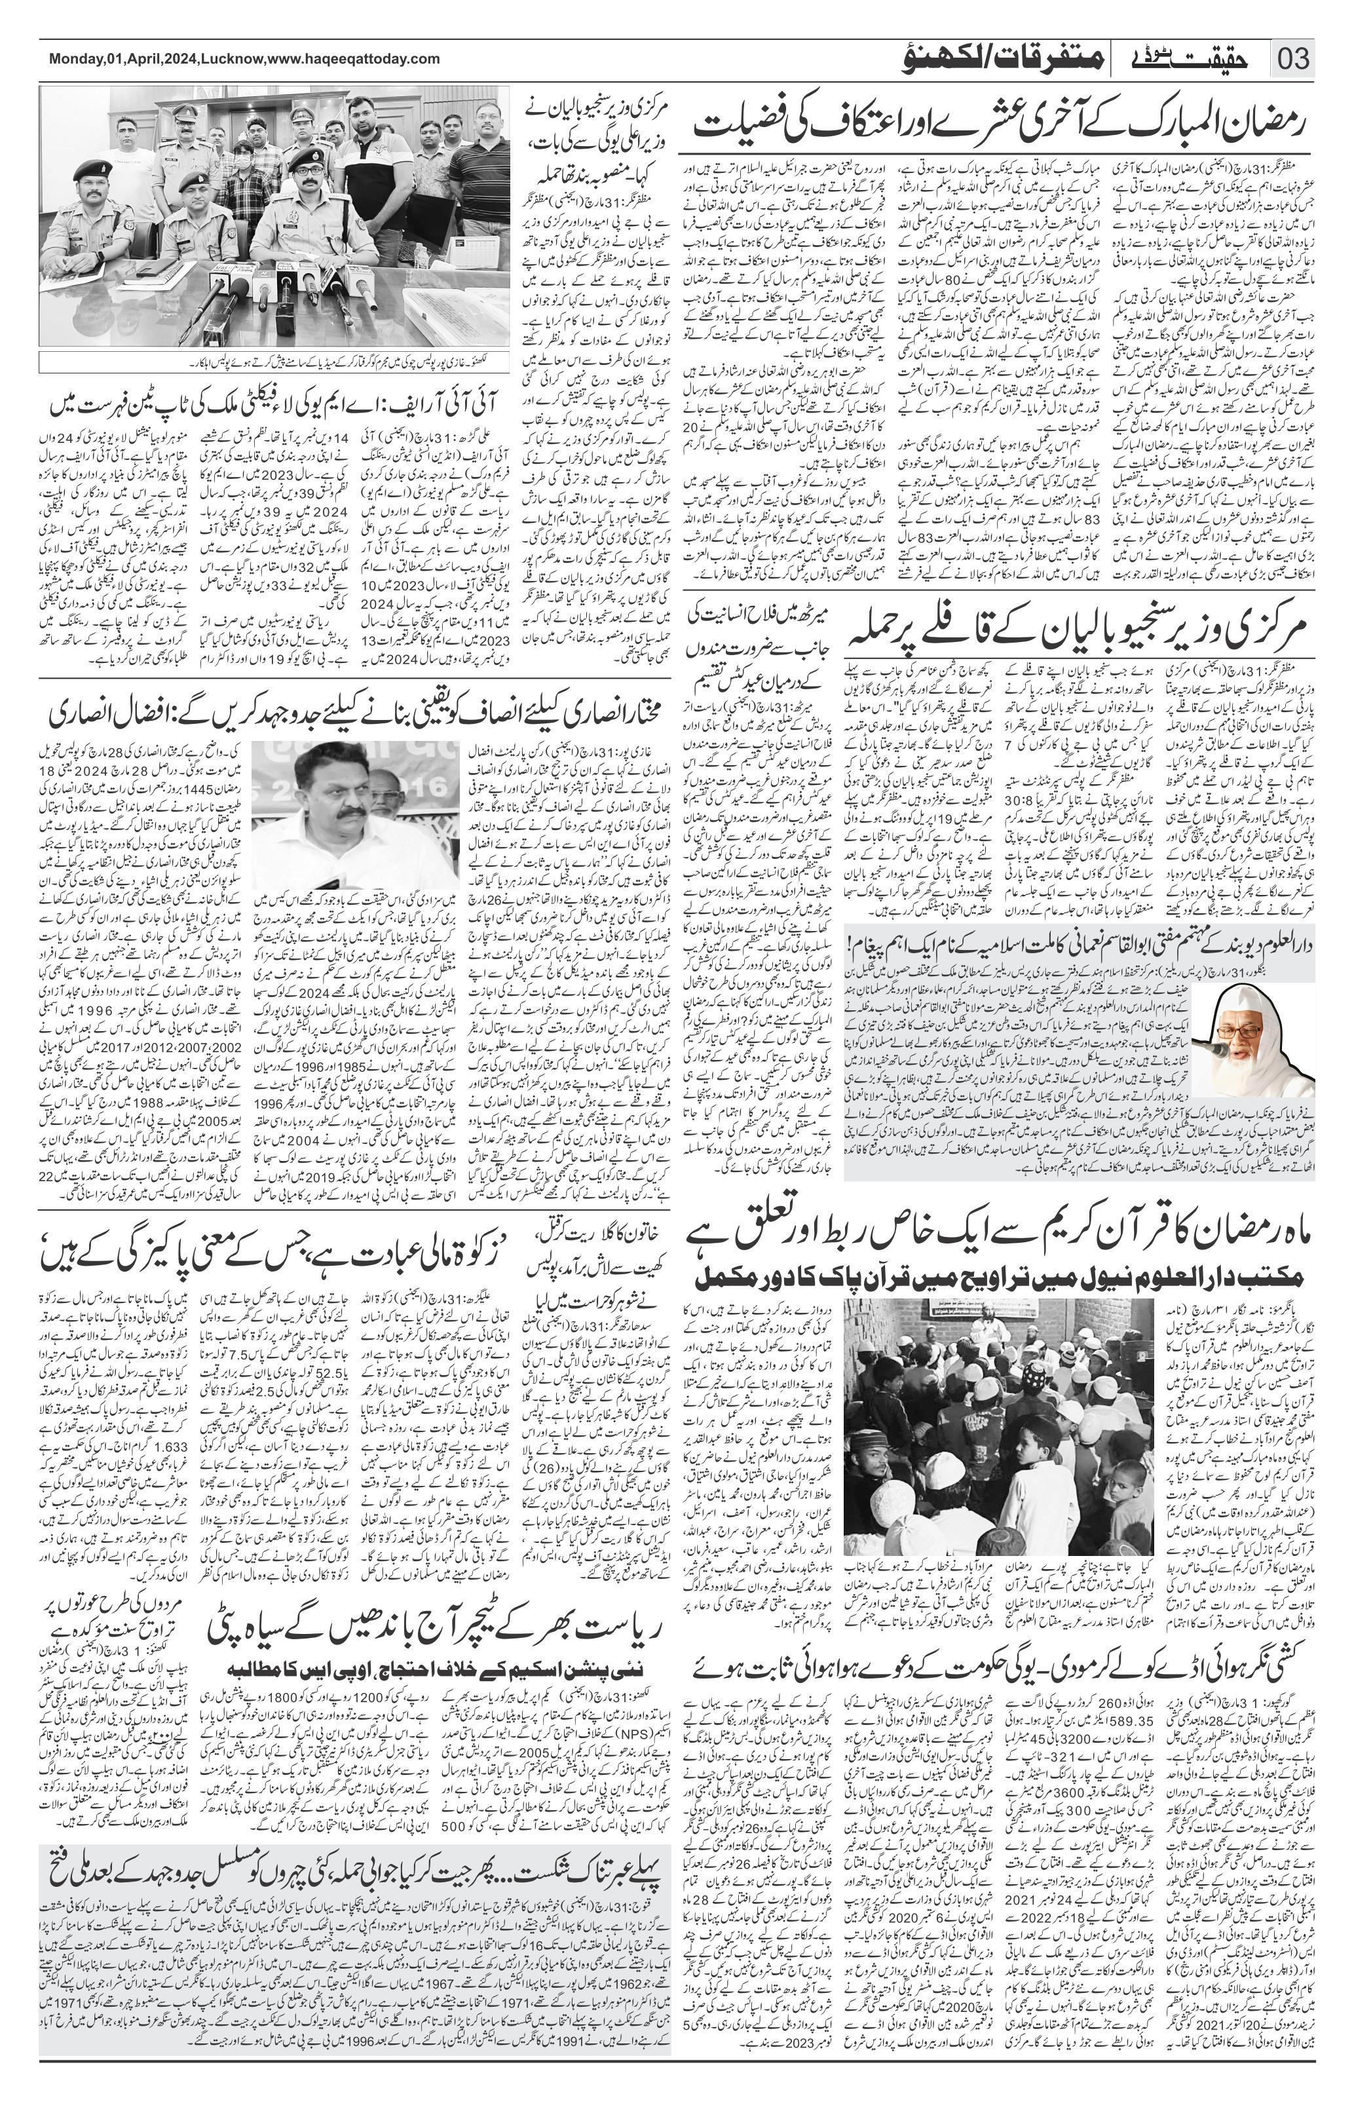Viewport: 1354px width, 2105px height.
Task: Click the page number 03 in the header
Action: point(1292,60)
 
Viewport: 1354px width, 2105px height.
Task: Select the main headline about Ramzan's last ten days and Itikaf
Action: point(1002,125)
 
